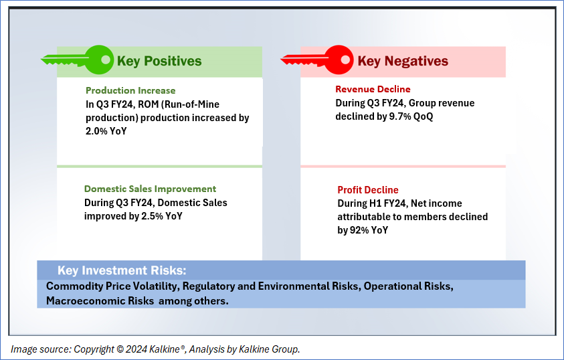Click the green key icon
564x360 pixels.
(78, 60)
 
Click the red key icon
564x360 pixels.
(317, 60)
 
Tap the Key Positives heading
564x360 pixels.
(159, 61)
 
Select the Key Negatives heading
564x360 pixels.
(403, 61)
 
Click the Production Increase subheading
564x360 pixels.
(130, 90)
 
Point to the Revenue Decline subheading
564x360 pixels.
(373, 89)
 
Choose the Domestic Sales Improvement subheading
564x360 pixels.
(151, 189)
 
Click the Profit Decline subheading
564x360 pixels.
(368, 190)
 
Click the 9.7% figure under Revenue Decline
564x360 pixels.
(400, 116)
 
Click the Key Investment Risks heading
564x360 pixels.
(122, 270)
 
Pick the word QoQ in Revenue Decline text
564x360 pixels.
(424, 116)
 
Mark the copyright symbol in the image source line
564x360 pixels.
(120, 349)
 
